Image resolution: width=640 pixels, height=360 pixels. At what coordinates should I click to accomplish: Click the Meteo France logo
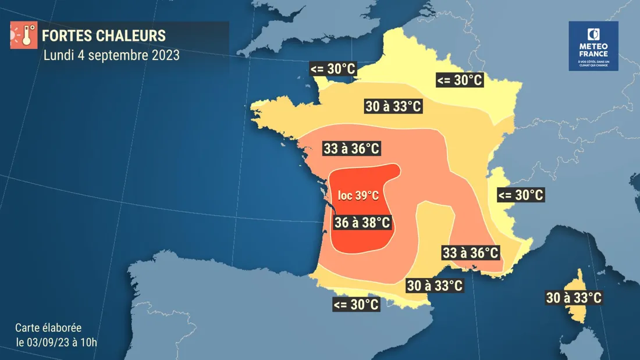tap(593, 46)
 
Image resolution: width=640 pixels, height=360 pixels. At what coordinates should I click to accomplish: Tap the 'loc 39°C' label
tap(358, 195)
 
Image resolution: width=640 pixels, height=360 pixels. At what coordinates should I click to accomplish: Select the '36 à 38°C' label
tap(361, 222)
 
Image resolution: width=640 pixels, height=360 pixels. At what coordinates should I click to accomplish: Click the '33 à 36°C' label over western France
tap(351, 149)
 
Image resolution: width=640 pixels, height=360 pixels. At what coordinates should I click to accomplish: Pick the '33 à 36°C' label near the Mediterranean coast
tap(470, 253)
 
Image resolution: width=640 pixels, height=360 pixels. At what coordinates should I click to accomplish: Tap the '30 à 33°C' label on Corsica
tap(573, 298)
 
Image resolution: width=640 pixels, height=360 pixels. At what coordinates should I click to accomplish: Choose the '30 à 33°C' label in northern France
tap(393, 106)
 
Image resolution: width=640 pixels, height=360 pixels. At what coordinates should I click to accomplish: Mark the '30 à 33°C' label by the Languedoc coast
tap(434, 286)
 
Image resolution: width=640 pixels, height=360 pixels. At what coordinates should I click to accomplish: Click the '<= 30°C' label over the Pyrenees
tap(355, 304)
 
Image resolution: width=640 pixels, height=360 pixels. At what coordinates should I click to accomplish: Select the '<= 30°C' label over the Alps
tap(520, 195)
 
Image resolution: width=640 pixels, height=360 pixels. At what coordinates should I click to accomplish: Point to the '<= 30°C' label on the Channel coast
tap(333, 69)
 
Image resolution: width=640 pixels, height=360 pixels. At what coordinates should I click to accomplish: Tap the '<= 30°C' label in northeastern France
tap(459, 80)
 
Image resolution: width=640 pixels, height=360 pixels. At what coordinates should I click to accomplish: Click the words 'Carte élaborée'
tap(48, 327)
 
